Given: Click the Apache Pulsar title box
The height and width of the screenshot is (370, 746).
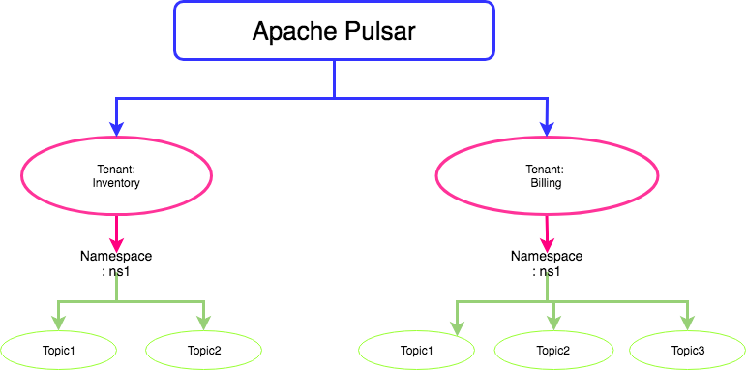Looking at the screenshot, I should [x=334, y=29].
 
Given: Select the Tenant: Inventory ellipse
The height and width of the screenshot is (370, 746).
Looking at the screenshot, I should [x=116, y=175].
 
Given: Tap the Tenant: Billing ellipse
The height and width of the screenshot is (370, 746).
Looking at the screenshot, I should [x=547, y=175].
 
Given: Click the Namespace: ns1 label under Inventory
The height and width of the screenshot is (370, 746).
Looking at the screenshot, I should [x=116, y=263].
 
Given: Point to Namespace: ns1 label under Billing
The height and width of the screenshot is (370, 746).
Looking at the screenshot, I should [x=547, y=263].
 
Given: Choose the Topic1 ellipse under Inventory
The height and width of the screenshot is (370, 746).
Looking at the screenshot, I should [x=58, y=350].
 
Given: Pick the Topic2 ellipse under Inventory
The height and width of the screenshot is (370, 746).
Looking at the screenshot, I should [x=203, y=350].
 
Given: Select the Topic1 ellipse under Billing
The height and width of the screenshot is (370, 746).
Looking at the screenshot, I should [x=416, y=350].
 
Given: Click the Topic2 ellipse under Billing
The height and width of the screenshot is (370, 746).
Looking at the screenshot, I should [x=552, y=350].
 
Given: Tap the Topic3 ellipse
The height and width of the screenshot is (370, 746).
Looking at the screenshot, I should [x=687, y=350].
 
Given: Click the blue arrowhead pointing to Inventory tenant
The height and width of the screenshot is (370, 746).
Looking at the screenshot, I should [x=116, y=127].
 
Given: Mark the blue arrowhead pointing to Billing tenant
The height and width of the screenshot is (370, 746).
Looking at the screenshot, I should [x=547, y=127].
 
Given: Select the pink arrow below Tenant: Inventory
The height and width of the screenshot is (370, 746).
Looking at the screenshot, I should [x=116, y=232].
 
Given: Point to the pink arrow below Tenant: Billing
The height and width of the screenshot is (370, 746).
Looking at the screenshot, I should [x=548, y=232].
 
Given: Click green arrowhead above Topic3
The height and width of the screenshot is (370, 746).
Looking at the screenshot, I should [x=688, y=324].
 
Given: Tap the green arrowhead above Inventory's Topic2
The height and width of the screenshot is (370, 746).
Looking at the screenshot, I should [x=204, y=324].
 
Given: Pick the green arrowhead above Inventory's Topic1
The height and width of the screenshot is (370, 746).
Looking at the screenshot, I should [x=58, y=324].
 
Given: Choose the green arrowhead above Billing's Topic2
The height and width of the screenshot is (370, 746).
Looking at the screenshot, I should [x=553, y=324].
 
